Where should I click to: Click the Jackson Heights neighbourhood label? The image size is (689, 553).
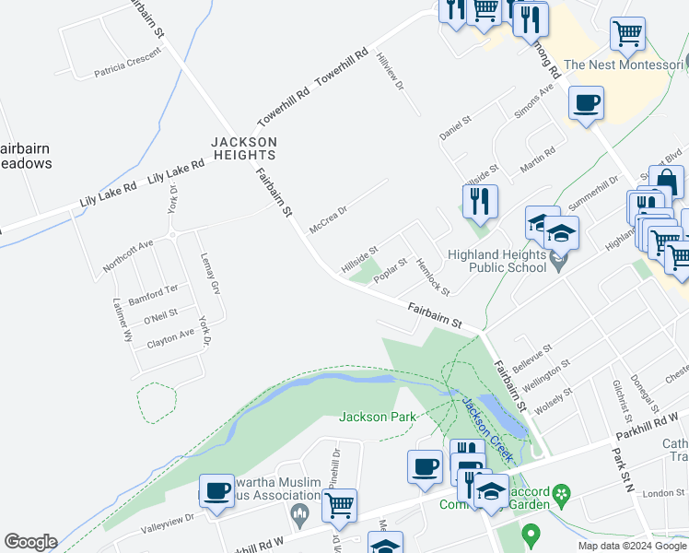[x=243, y=148]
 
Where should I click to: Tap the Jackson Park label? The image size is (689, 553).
[x=379, y=417]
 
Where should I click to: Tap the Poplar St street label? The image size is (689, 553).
[x=391, y=272]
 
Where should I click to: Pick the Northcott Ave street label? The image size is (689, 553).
[x=128, y=257]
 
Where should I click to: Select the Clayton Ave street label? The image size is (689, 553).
[x=170, y=339]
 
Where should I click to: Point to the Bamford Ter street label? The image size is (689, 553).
[x=153, y=293]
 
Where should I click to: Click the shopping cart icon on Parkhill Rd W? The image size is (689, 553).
[x=340, y=503]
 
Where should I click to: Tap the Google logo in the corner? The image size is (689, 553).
[x=30, y=542]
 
